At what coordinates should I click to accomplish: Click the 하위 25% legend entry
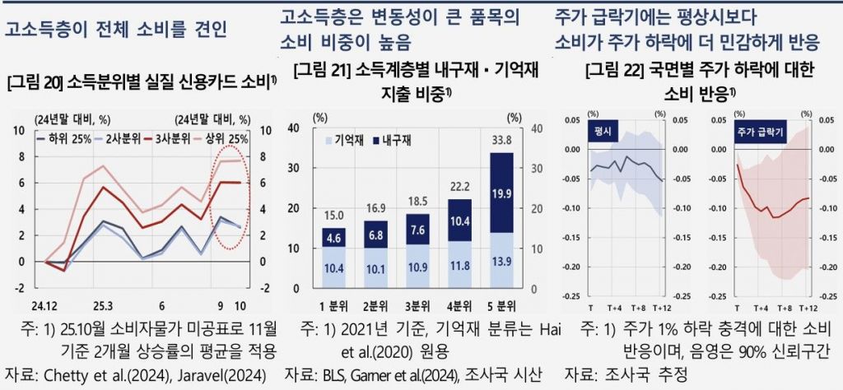(69, 137)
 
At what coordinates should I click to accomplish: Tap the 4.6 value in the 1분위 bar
(333, 239)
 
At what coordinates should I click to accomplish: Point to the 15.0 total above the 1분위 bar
(333, 215)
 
